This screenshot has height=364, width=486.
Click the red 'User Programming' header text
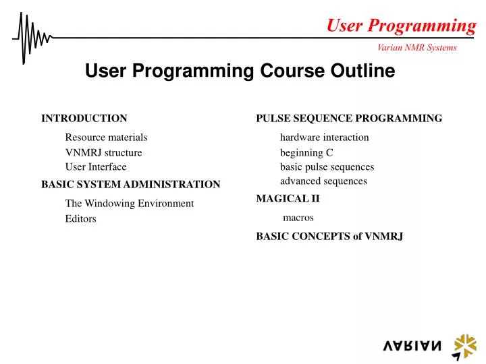pos(401,26)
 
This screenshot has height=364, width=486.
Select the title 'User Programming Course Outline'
pos(240,71)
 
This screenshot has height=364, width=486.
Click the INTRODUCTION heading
pos(84,119)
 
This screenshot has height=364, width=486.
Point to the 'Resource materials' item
pos(106,138)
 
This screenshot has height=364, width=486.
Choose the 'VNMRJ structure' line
pos(103,153)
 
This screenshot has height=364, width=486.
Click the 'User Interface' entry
pos(96,167)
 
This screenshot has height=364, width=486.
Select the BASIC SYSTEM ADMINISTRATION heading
pos(131,184)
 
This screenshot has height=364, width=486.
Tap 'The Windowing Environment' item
pos(129,204)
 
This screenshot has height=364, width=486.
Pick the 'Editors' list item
pos(80,219)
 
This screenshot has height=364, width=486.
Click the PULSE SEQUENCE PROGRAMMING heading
pos(349,119)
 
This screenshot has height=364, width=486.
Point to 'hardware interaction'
pos(324,138)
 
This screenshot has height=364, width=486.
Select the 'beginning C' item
pos(306,153)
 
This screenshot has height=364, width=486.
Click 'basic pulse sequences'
pos(327,167)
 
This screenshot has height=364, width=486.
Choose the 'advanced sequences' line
pos(323,181)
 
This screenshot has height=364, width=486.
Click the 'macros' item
pos(298,218)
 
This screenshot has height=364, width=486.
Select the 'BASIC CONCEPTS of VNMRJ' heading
pos(329,237)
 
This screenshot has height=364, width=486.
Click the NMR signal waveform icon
pos(30,38)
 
